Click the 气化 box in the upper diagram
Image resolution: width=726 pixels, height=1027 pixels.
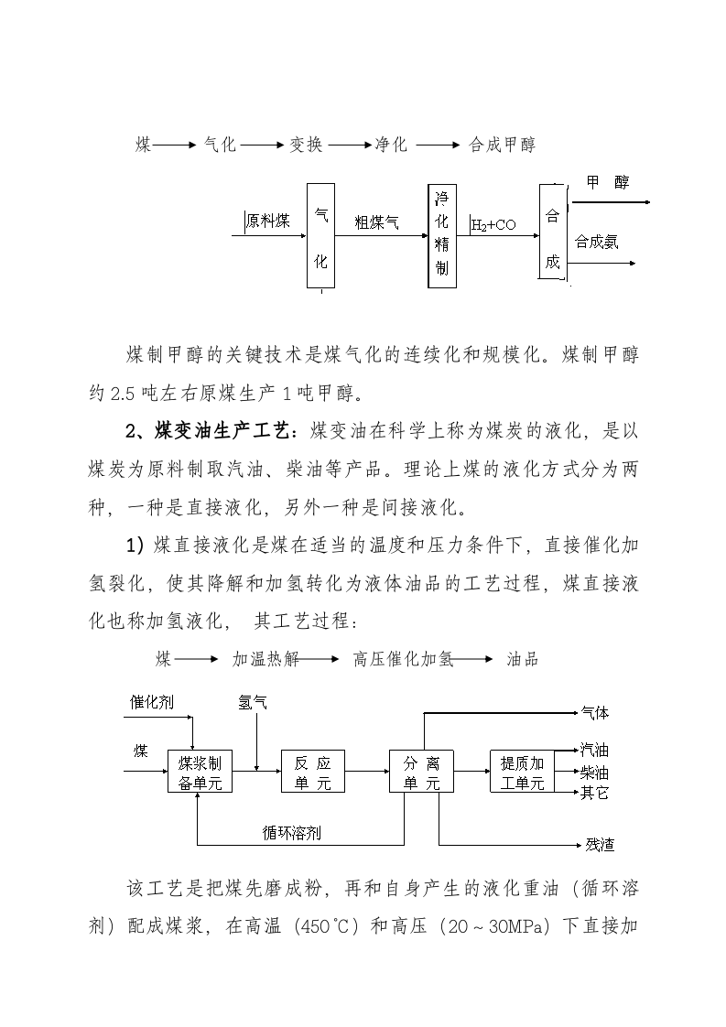[320, 235]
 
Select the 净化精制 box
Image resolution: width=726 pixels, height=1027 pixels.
[442, 235]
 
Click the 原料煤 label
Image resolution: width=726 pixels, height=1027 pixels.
[267, 221]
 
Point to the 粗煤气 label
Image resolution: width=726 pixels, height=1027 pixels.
[376, 221]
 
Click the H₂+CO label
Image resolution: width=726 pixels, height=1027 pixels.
[494, 223]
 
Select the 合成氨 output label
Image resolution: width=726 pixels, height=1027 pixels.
[596, 243]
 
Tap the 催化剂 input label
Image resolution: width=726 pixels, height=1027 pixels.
[151, 702]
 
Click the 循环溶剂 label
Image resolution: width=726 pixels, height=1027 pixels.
[291, 833]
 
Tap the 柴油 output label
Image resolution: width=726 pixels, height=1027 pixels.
[594, 773]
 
